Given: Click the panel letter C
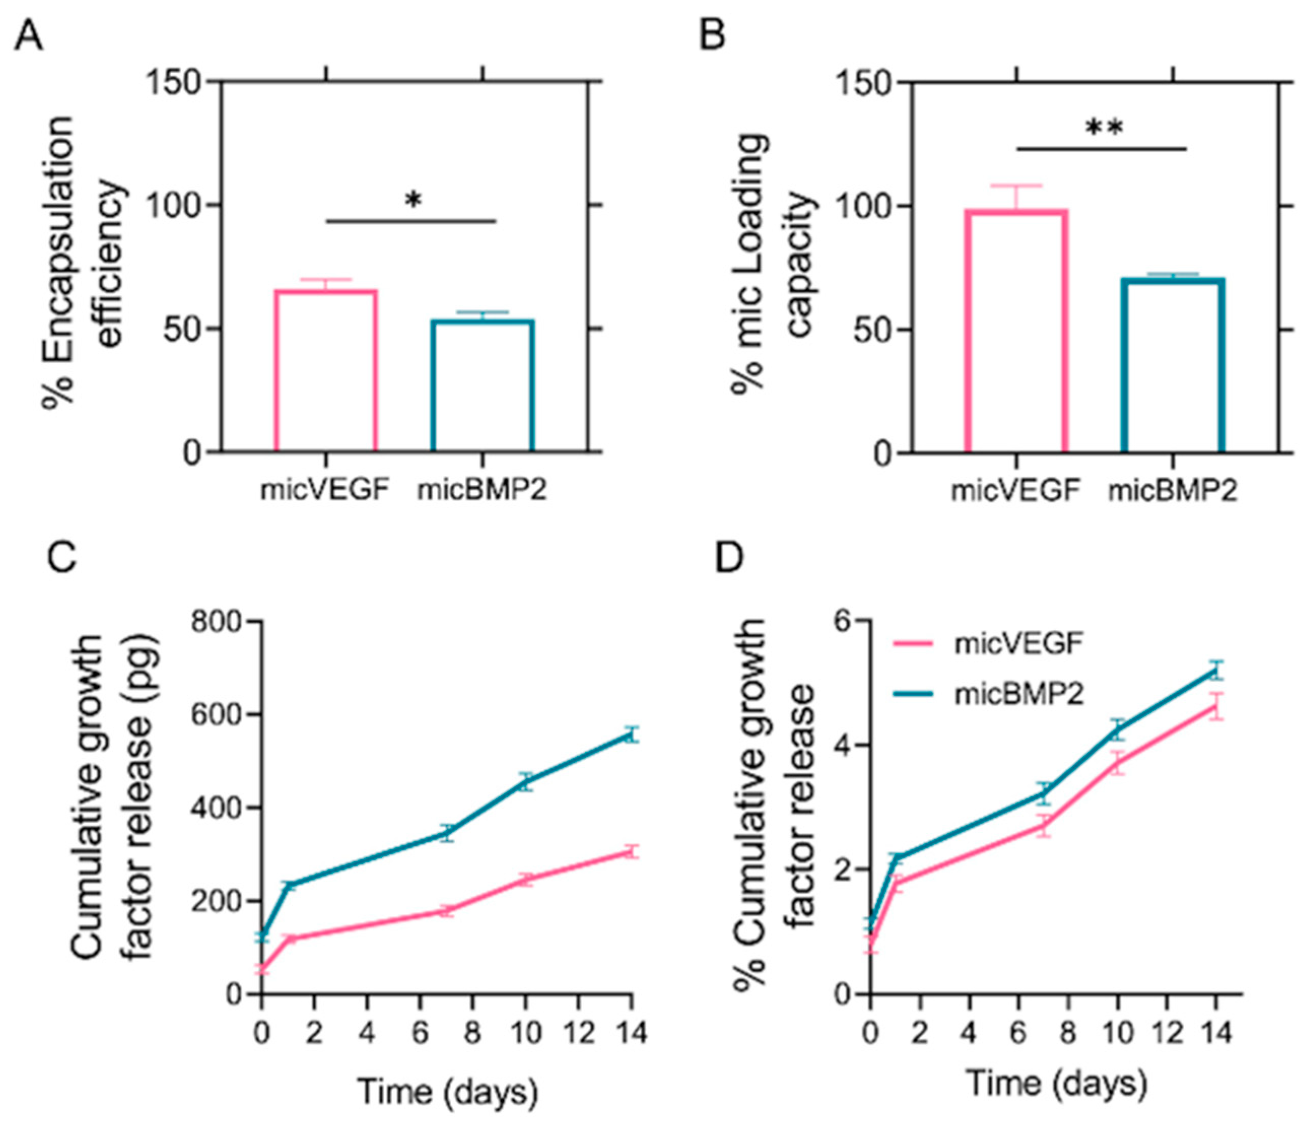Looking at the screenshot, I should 61,556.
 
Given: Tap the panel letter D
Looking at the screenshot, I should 729,556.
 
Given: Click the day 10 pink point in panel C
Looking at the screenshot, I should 525,879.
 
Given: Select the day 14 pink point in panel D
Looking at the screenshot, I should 1215,707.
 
